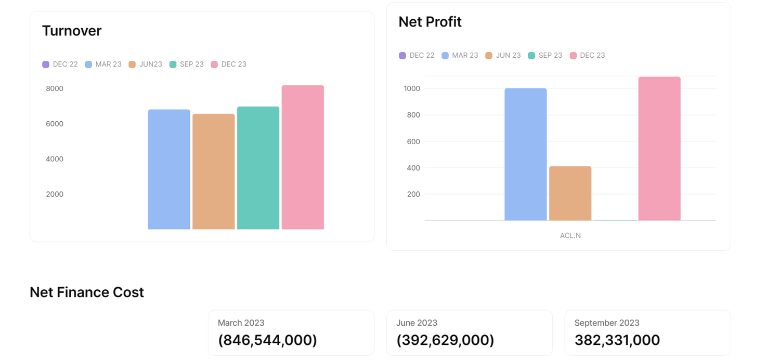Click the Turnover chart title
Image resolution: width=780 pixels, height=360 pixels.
[x=72, y=31]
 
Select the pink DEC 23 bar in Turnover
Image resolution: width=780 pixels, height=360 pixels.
[x=303, y=157]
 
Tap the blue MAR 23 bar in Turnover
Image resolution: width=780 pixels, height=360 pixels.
[x=169, y=169]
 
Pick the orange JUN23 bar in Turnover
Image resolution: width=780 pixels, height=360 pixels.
[x=213, y=171]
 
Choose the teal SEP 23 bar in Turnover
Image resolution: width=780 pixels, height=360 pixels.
[x=258, y=168]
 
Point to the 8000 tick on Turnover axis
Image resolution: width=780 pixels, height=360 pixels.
[x=55, y=88]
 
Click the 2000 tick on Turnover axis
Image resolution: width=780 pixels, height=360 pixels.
[x=55, y=194]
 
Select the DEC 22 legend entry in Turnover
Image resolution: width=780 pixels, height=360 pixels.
[x=60, y=65]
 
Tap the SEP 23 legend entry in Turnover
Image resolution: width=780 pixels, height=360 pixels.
[x=187, y=65]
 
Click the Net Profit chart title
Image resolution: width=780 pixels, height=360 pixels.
[x=430, y=22]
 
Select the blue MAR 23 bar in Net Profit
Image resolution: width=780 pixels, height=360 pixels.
[x=525, y=155]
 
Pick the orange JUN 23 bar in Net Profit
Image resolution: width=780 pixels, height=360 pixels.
[x=570, y=193]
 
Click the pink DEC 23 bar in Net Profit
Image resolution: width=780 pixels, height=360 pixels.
[x=659, y=148]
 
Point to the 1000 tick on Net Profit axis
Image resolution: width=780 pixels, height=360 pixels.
[x=412, y=88]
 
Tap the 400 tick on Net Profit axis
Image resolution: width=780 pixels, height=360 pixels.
[x=413, y=168]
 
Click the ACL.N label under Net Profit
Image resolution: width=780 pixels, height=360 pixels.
[x=570, y=236]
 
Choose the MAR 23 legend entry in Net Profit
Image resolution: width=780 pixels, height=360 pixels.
[x=460, y=55]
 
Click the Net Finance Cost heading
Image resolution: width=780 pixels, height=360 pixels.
[x=87, y=292]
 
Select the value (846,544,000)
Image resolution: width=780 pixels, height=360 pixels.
[x=267, y=340]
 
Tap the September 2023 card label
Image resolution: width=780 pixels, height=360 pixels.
[x=606, y=323]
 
